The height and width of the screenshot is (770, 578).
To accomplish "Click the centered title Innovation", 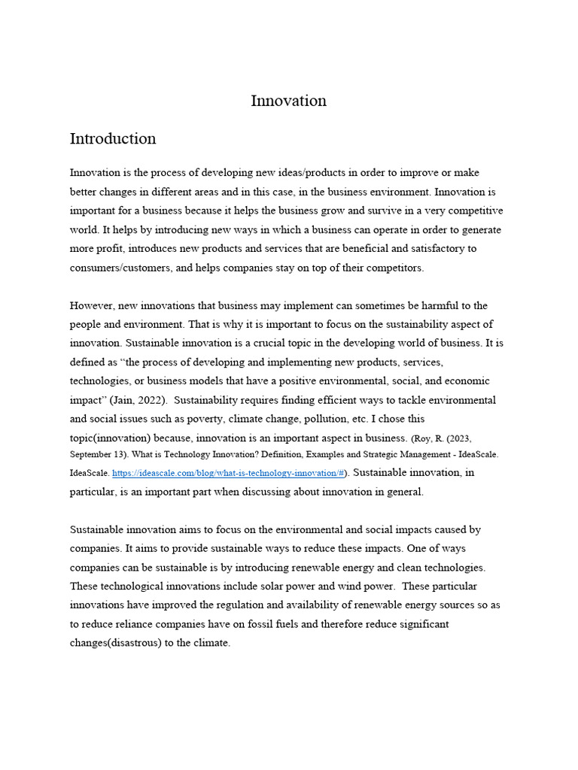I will pyautogui.click(x=288, y=101).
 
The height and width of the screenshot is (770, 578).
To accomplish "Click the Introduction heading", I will pyautogui.click(x=113, y=139).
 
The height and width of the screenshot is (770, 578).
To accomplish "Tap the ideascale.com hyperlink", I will pyautogui.click(x=228, y=474).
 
